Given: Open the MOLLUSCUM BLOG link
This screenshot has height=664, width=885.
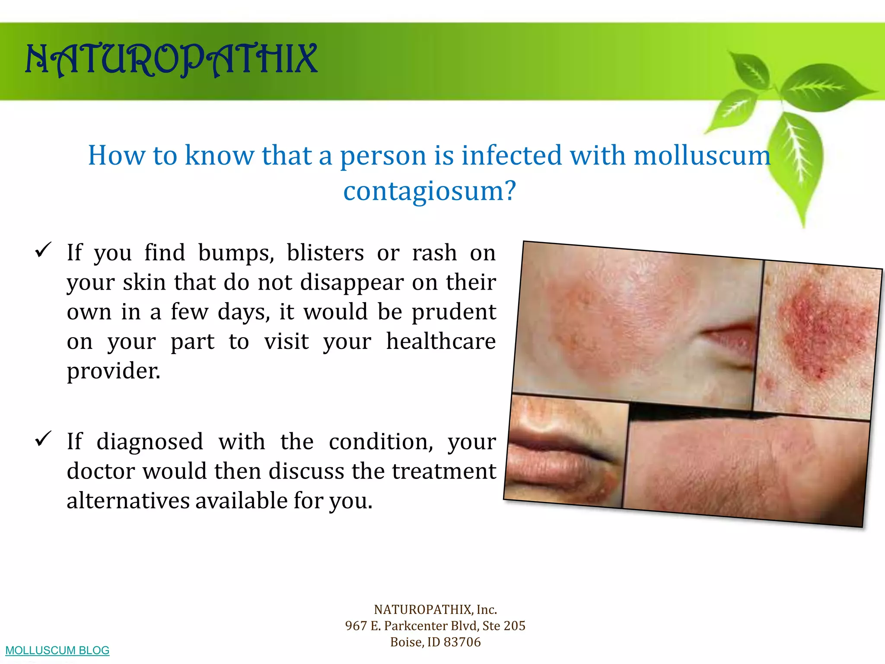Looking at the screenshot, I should [57, 650].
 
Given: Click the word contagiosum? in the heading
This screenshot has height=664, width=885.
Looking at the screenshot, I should [430, 191].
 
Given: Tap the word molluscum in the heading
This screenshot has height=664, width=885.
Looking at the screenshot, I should [702, 155].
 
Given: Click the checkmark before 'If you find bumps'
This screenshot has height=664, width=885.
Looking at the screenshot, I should [43, 250].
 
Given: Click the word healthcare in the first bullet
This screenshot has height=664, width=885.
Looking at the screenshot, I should [441, 342].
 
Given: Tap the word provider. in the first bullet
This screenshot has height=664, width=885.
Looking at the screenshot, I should [113, 371].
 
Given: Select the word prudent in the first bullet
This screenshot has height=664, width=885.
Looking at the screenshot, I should [454, 312].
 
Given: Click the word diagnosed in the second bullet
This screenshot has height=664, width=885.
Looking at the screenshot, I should [150, 442].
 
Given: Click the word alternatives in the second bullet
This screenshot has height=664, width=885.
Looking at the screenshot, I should [128, 501].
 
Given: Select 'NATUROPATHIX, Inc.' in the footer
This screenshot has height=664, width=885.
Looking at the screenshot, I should [435, 610].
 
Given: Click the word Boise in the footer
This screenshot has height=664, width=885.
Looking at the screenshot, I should [406, 642].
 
